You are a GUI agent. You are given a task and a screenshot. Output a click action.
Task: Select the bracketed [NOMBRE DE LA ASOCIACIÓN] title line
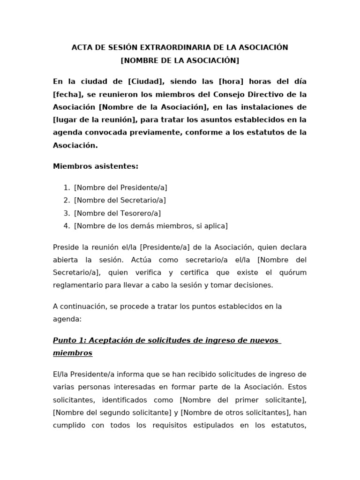point(180,60)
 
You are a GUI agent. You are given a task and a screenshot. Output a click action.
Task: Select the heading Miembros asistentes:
point(96,166)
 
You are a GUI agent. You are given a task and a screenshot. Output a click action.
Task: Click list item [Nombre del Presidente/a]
point(120,187)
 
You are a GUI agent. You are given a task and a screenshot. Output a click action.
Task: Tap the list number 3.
point(67,213)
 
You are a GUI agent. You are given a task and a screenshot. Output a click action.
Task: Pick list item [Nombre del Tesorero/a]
point(117,213)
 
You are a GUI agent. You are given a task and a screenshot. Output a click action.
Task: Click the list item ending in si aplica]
point(150,226)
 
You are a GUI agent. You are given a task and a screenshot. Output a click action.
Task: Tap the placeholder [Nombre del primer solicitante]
point(243,400)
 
